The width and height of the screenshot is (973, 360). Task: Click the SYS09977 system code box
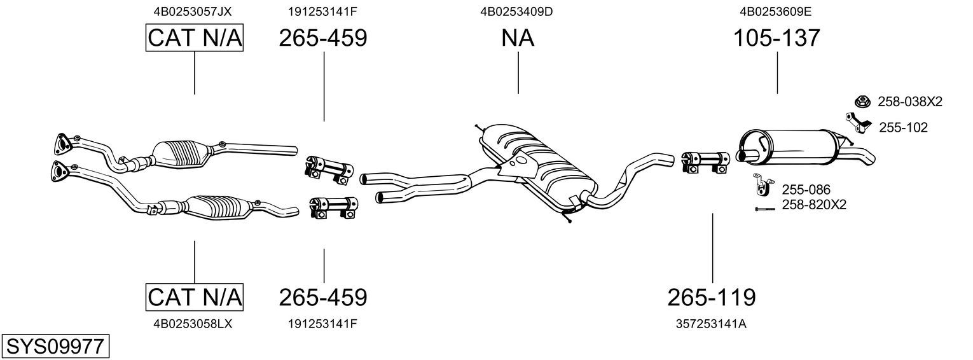point(55,346)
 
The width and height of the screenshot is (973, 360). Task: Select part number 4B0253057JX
point(193,11)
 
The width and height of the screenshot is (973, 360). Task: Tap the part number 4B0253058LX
point(193,324)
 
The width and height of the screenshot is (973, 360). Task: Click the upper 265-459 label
point(322,38)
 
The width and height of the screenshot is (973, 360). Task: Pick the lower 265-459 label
point(322,298)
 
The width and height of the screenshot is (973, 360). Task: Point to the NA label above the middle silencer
point(518,38)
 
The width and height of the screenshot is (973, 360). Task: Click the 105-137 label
point(776,38)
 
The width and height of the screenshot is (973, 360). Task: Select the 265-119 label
point(712,298)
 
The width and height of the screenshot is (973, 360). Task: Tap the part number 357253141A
point(711,324)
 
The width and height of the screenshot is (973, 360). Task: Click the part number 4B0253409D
point(516,11)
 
